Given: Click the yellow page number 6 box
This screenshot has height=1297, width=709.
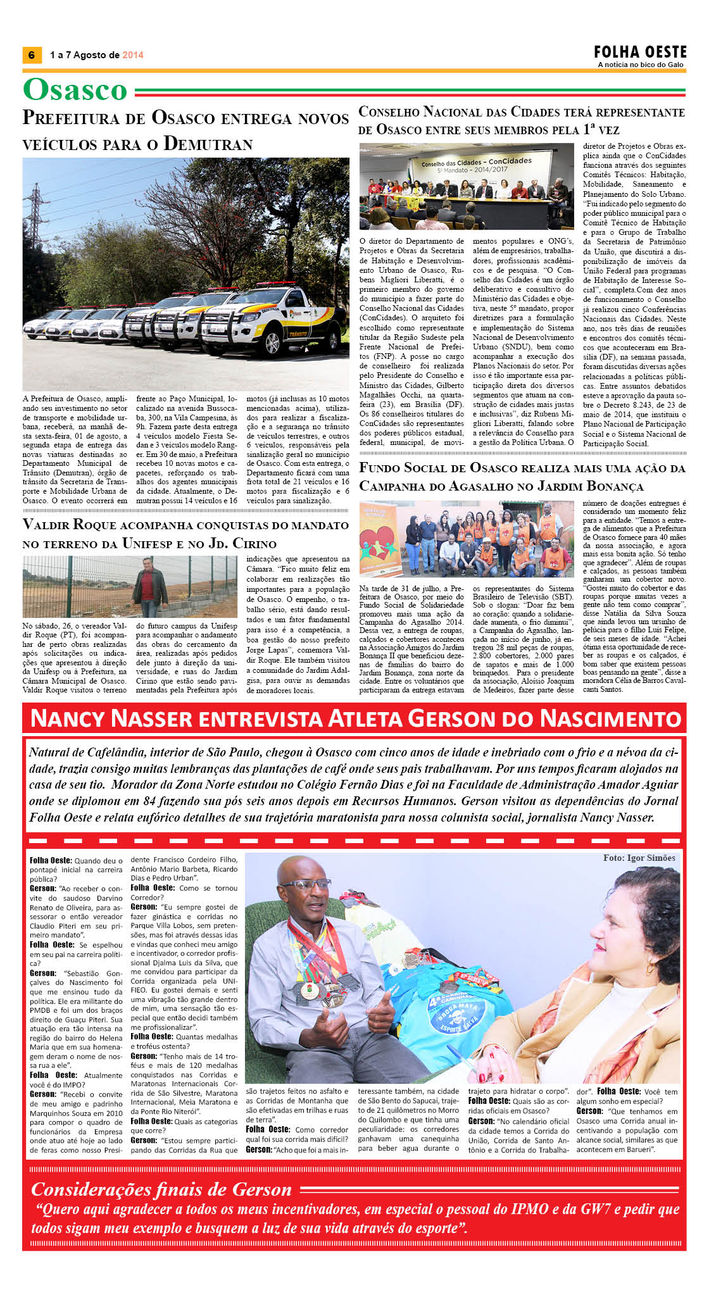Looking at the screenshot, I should point(31,55).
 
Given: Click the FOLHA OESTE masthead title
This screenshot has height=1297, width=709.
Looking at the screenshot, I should point(640,52).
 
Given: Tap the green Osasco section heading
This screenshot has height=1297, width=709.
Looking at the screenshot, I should point(75,90).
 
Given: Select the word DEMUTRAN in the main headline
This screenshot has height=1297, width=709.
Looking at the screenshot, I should point(208,144).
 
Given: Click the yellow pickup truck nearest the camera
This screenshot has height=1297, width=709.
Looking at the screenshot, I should point(265,320).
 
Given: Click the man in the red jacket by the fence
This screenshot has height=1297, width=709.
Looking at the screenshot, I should point(149,586).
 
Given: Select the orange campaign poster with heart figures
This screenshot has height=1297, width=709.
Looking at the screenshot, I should point(379,540).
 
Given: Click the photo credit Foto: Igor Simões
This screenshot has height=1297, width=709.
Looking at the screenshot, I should point(639,858).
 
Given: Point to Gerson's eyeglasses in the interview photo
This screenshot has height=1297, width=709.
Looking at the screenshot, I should point(306,885).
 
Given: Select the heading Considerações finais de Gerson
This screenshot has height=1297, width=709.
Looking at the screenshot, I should point(161,1189).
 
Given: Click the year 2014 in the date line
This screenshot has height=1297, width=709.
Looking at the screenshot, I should point(133,55).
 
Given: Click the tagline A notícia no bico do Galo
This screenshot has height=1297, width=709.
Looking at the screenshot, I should point(640,65).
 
